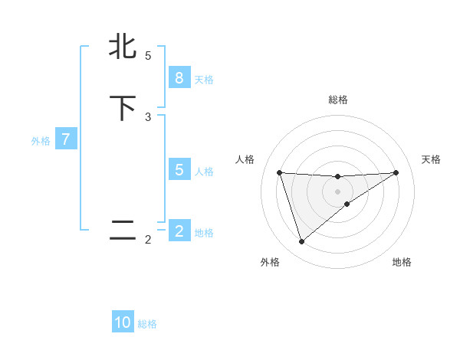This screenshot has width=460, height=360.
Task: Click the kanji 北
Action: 123,47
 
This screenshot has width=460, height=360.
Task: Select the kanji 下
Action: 123,108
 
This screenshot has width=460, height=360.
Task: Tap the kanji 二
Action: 123,231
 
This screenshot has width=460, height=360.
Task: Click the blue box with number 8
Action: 179,77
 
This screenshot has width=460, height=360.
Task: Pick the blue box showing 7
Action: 67,139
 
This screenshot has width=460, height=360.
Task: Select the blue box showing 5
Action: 179,170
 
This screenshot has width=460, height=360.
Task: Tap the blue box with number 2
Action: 179,231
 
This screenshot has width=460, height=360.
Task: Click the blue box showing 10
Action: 123,322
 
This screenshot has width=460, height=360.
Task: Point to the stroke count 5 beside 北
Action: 148,56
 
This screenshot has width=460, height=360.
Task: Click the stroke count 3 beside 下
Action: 148,117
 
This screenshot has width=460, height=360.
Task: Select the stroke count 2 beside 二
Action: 148,240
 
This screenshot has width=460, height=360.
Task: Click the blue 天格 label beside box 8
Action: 204,80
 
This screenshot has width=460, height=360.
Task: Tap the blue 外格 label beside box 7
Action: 41,141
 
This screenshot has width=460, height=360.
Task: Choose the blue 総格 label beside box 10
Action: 147,324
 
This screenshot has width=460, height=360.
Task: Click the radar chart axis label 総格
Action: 337,100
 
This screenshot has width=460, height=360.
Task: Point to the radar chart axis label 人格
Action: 245,159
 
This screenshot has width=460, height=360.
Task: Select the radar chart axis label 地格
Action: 402,262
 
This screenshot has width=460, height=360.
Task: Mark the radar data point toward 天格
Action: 396,172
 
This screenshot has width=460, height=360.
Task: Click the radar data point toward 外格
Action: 301,242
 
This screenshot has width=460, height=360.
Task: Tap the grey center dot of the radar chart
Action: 337,191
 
